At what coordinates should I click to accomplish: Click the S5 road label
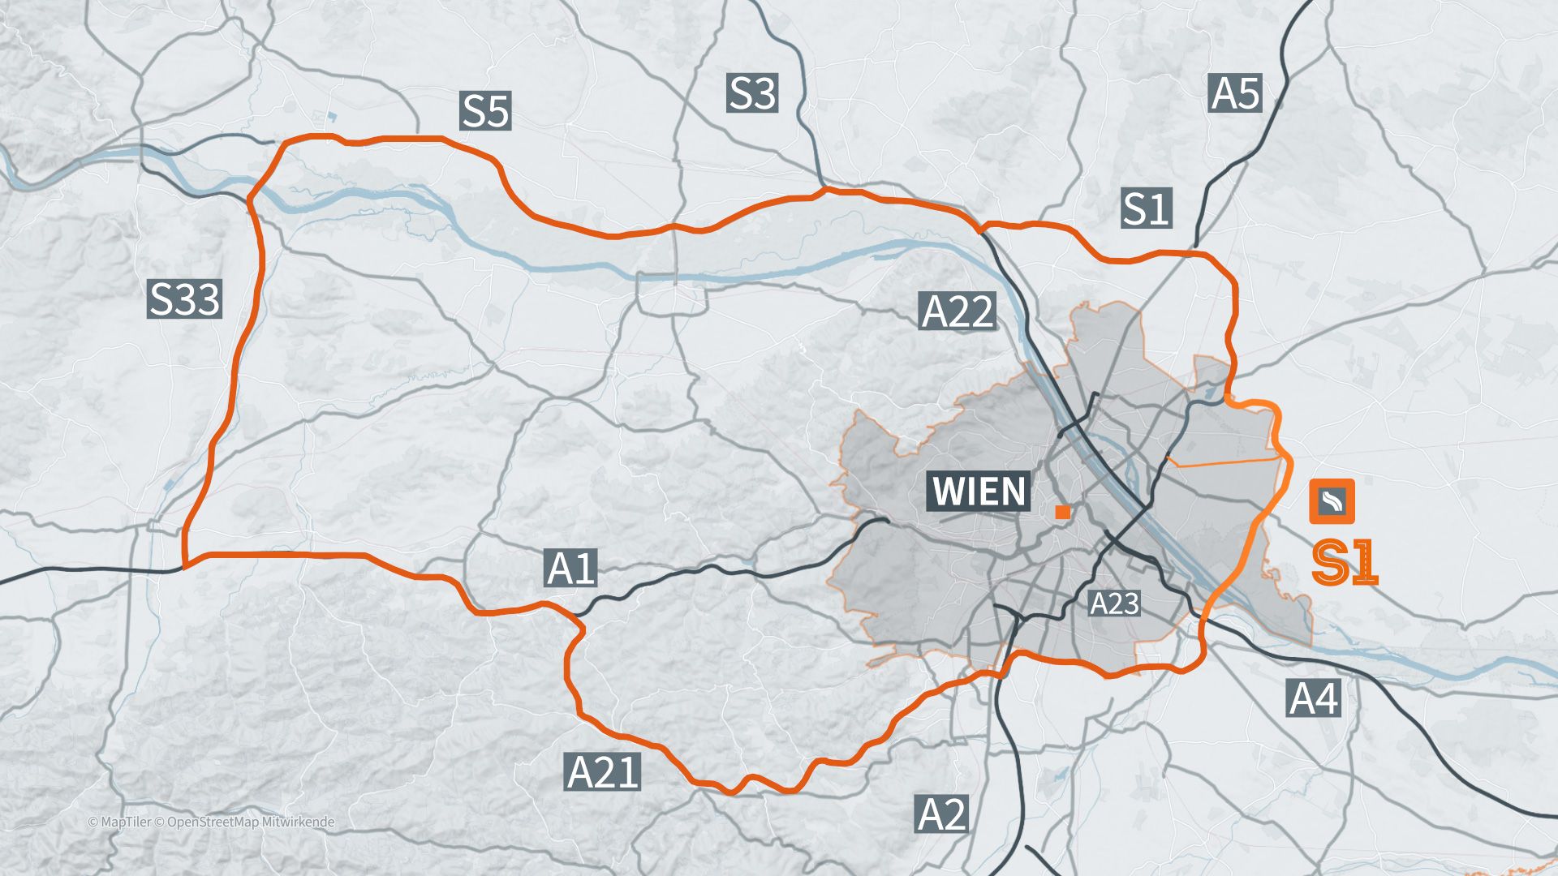[485, 111]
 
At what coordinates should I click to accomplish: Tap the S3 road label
[752, 93]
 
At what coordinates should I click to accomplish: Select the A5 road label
[1235, 93]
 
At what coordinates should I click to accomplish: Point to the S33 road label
[185, 298]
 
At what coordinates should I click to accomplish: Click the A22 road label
[958, 311]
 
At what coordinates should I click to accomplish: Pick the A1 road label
[571, 569]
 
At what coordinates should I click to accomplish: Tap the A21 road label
[602, 771]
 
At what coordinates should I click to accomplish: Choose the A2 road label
[941, 814]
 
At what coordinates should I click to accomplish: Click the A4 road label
[1314, 698]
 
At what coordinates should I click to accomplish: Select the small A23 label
[1114, 603]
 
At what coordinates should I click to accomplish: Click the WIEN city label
[979, 492]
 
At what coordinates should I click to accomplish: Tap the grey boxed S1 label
[1146, 208]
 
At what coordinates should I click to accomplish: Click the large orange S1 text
[1345, 563]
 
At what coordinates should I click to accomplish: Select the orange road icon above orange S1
[1332, 502]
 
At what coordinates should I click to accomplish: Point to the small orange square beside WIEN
[1062, 512]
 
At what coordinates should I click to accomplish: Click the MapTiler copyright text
[119, 822]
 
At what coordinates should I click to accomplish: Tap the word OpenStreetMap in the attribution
[213, 822]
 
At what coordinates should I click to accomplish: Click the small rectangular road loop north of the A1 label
[672, 294]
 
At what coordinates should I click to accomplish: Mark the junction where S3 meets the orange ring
[824, 191]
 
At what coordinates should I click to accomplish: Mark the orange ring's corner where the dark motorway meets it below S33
[186, 565]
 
